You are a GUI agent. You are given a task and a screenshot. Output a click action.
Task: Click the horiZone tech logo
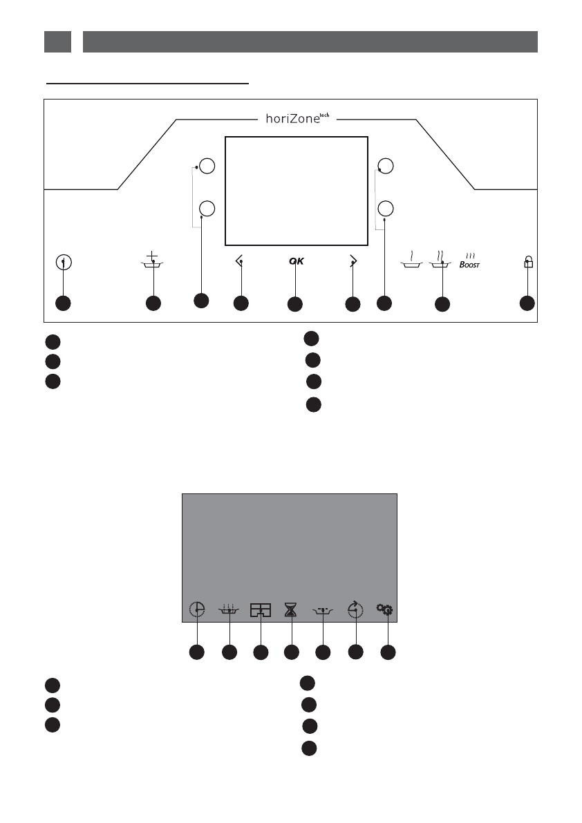(295, 118)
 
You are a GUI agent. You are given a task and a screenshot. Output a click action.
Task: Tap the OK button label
(296, 261)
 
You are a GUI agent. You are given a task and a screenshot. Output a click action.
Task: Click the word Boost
(470, 263)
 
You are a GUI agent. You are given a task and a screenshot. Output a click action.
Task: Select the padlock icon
(529, 262)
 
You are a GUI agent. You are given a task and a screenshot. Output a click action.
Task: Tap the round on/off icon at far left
(64, 263)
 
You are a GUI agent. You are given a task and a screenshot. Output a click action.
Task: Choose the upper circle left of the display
(207, 166)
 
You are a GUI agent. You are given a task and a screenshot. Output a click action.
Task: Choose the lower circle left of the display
(207, 208)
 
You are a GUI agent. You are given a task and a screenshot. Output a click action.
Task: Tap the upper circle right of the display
(386, 166)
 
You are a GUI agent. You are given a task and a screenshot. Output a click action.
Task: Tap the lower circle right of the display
(386, 208)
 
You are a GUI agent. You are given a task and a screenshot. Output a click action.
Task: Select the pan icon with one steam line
(412, 261)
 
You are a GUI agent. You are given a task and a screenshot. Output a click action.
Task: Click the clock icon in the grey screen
(197, 609)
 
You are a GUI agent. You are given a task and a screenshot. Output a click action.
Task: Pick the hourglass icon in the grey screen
(292, 609)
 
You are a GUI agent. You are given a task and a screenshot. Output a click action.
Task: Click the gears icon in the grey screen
(385, 609)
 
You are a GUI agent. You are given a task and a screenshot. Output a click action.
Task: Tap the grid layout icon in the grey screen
(261, 609)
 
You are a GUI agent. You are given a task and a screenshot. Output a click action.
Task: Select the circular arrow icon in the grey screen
(355, 609)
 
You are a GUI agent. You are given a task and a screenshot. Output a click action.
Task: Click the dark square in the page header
(57, 41)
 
